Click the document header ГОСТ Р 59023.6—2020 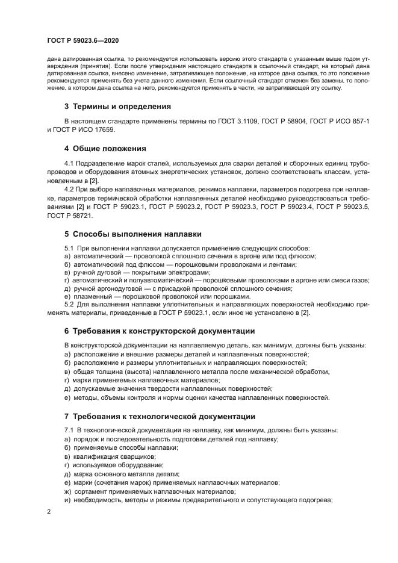click(x=82, y=40)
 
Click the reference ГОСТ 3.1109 click(x=238, y=122)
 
